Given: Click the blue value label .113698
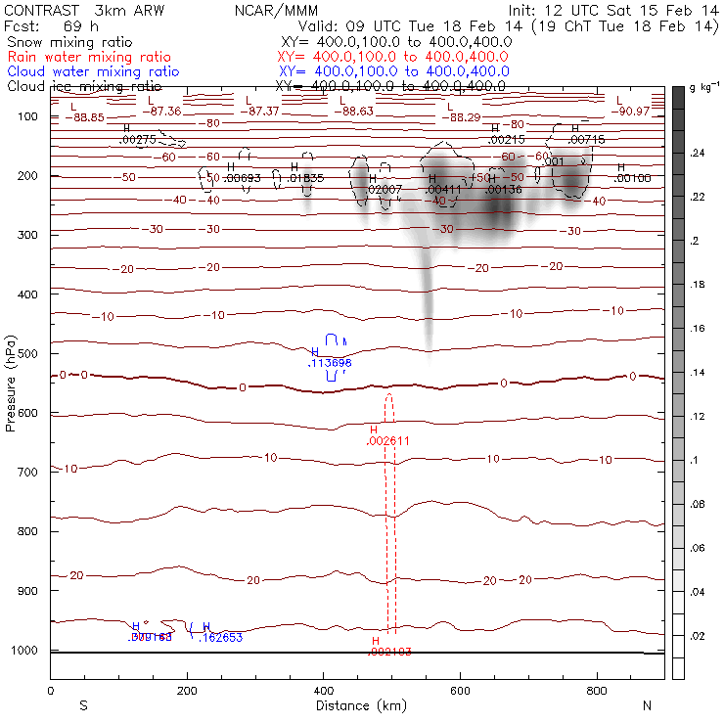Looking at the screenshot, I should [330, 363].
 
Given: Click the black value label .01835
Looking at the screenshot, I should [307, 178].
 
